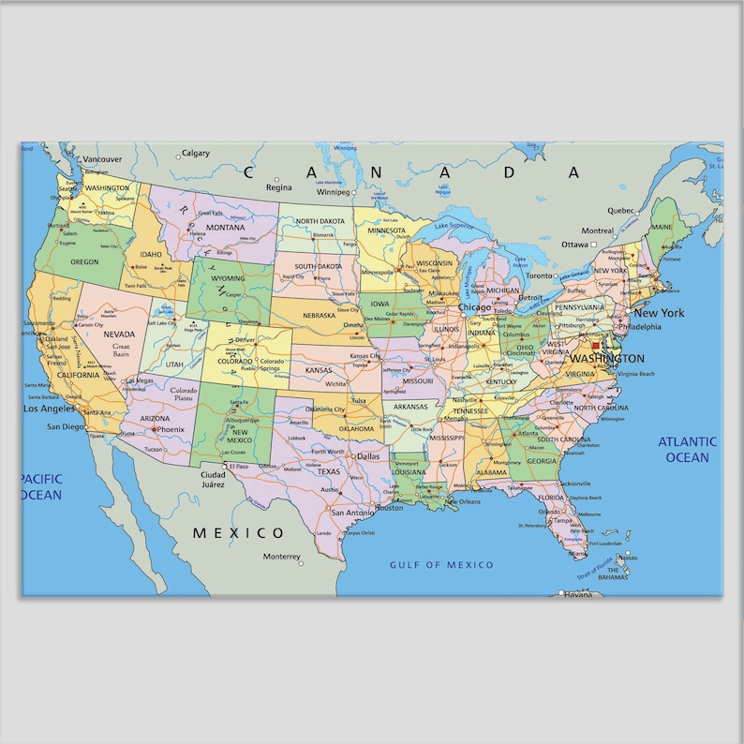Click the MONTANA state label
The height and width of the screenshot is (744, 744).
(225, 228)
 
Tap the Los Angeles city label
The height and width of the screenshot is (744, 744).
(49, 409)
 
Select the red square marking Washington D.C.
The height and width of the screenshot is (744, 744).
(596, 346)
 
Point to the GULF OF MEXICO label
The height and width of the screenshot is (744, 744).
(441, 565)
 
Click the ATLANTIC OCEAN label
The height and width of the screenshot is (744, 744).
(687, 450)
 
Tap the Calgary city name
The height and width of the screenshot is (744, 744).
(195, 153)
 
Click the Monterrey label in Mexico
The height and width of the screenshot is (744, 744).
(281, 556)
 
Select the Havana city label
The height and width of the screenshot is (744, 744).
(578, 594)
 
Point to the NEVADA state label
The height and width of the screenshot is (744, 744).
(119, 334)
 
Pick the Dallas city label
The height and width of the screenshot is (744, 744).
(366, 456)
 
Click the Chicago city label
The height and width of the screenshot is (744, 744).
(474, 307)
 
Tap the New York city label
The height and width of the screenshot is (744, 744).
(659, 313)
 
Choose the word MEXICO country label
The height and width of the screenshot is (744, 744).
(238, 533)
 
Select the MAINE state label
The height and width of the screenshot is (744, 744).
(662, 228)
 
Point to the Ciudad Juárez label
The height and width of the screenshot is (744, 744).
(213, 480)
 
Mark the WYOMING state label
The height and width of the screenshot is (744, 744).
(228, 278)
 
